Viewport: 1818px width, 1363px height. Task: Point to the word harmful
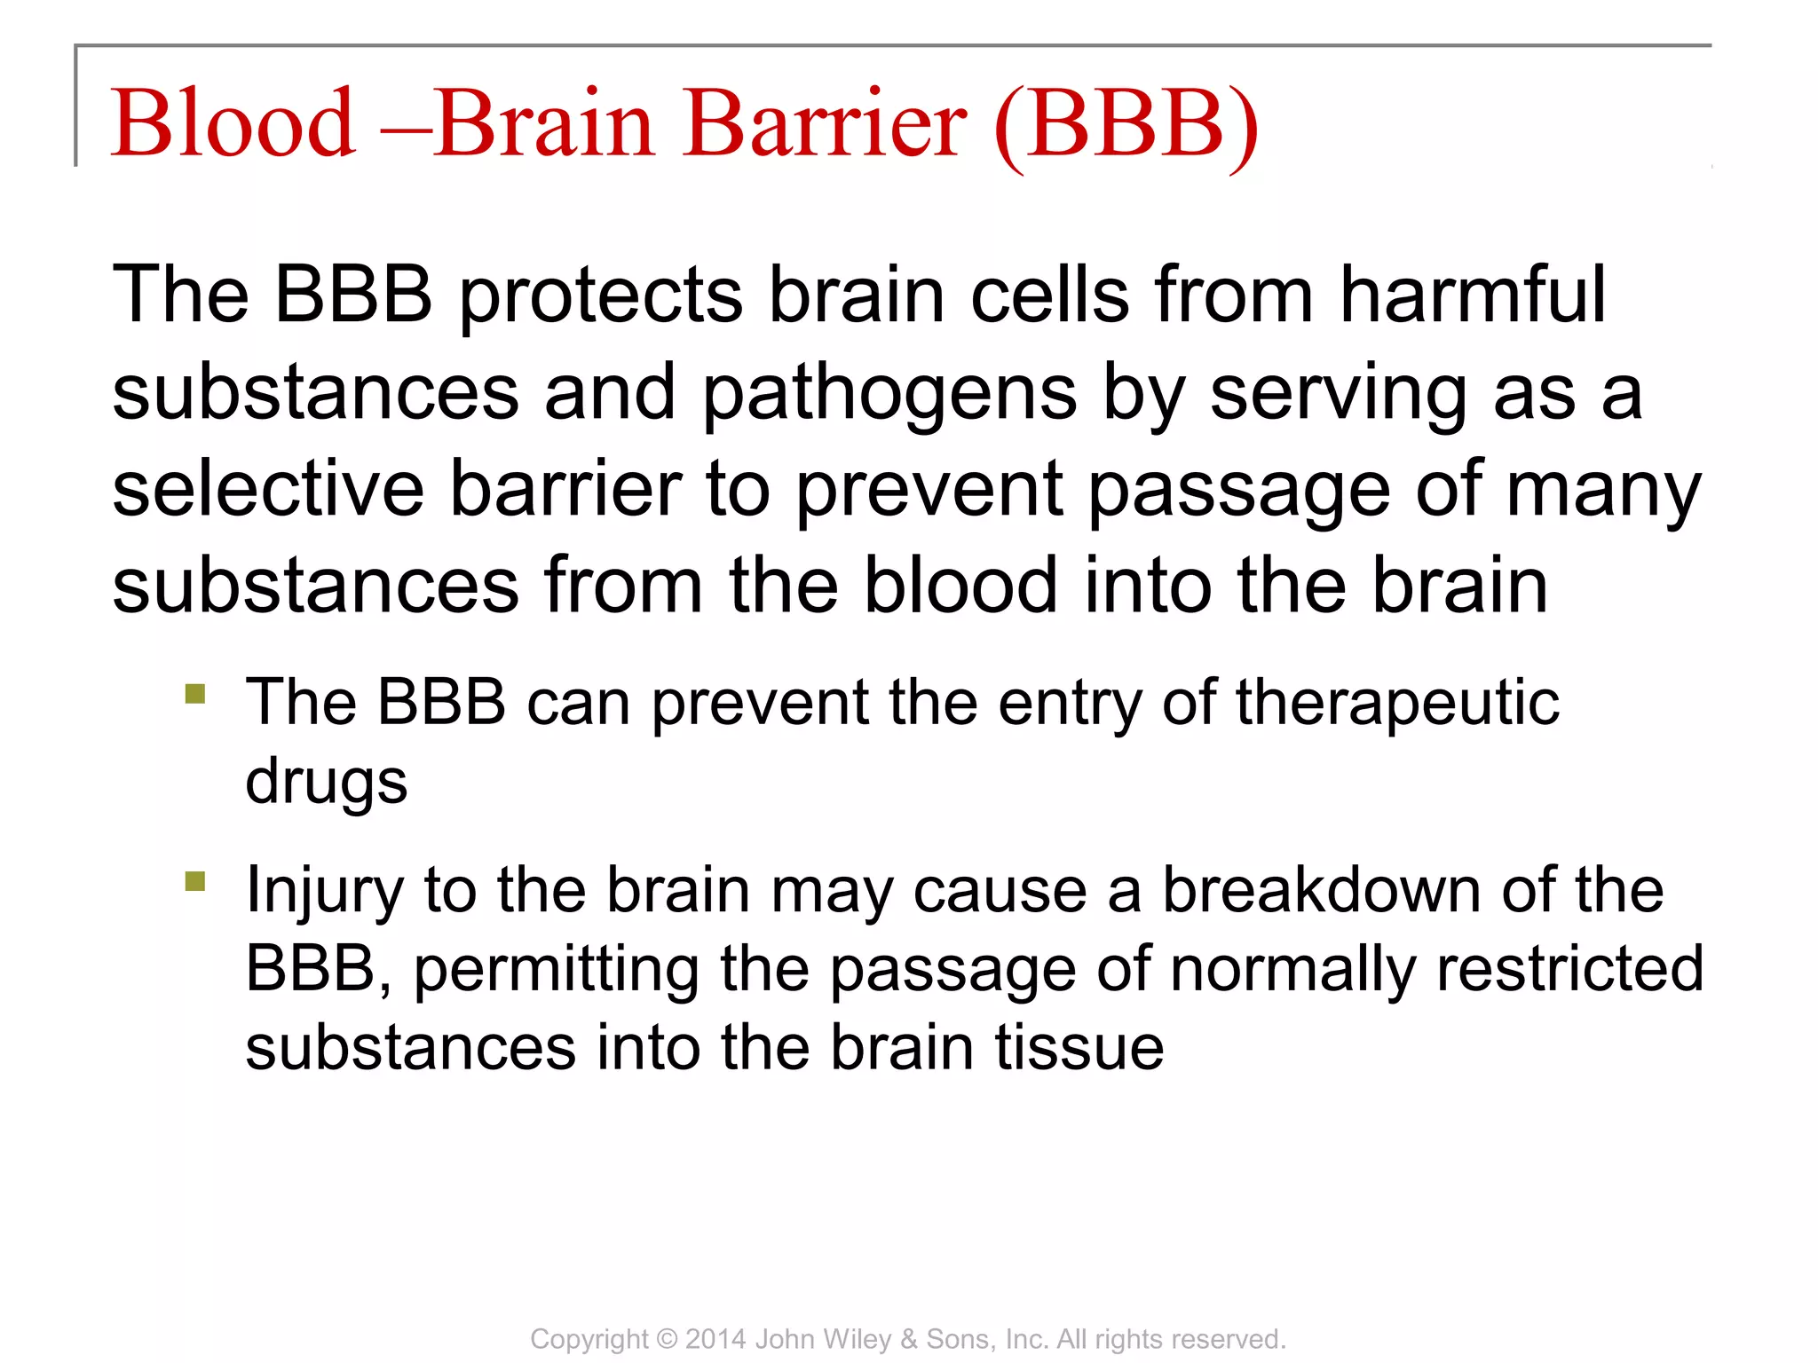[x=1472, y=295]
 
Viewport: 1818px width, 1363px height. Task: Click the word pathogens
[x=889, y=396]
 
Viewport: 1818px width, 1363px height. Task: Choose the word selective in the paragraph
[x=268, y=490]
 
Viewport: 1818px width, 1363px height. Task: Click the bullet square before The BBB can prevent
[x=195, y=693]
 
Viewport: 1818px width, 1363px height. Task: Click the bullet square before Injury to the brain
[x=195, y=881]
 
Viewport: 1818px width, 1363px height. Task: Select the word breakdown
[x=1322, y=890]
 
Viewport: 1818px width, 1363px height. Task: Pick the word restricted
[x=1569, y=968]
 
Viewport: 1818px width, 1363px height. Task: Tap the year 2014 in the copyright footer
[x=715, y=1339]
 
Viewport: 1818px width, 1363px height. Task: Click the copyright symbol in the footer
[x=668, y=1339]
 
